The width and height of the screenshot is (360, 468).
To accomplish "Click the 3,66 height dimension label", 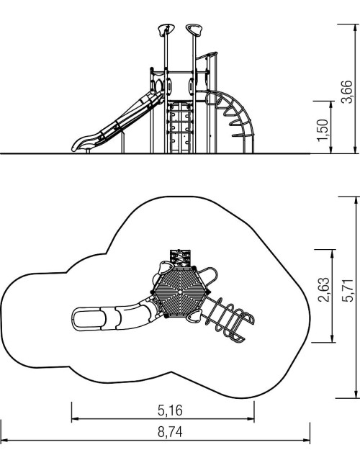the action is click(x=346, y=91).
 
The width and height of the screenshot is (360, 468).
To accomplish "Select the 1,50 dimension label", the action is click(x=323, y=130).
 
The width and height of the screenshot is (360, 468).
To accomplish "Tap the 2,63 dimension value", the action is click(x=324, y=290).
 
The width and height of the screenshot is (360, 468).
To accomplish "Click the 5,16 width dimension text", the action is click(x=170, y=410).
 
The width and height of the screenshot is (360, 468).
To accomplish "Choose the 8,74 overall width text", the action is click(x=170, y=432).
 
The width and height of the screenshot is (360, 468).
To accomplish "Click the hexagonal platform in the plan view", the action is click(x=181, y=291).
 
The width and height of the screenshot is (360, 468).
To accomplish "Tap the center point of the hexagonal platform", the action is click(x=181, y=291).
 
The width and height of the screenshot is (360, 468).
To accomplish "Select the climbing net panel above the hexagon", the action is click(x=180, y=258).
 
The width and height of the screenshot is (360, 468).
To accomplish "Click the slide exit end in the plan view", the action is click(x=89, y=319).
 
